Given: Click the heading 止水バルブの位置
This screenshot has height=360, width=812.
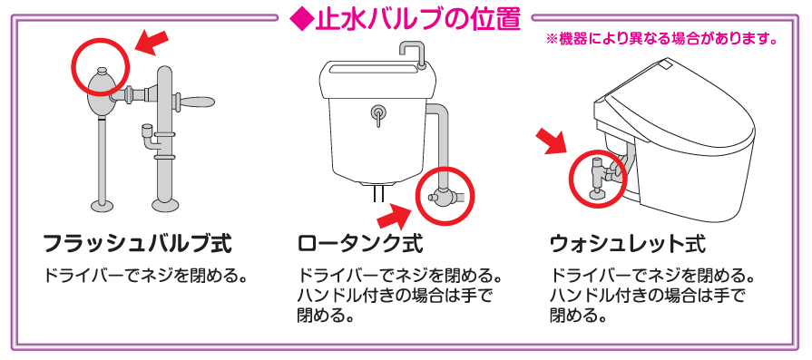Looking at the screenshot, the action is pyautogui.click(x=418, y=19).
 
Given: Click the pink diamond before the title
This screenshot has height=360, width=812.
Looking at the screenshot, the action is pyautogui.click(x=301, y=19).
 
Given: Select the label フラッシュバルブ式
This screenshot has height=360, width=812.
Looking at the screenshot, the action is pyautogui.click(x=137, y=244).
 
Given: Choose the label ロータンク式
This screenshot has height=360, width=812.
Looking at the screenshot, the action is pyautogui.click(x=360, y=244).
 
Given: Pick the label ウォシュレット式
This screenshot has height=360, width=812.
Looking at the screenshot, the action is pyautogui.click(x=628, y=244).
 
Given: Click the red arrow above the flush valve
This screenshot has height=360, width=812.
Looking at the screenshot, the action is pyautogui.click(x=152, y=43).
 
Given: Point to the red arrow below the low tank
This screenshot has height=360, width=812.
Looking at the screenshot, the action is pyautogui.click(x=396, y=216).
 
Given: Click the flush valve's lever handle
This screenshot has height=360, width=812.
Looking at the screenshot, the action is pyautogui.click(x=196, y=102).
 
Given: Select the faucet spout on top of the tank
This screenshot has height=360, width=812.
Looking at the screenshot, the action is pyautogui.click(x=413, y=54).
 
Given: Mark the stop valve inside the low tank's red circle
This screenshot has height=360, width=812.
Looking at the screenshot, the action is pyautogui.click(x=445, y=198).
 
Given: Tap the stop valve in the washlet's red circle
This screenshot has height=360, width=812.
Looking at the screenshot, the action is pyautogui.click(x=600, y=178).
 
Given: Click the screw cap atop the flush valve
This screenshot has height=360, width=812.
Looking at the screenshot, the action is pyautogui.click(x=102, y=70).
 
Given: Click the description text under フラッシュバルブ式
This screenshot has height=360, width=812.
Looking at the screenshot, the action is pyautogui.click(x=144, y=275).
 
